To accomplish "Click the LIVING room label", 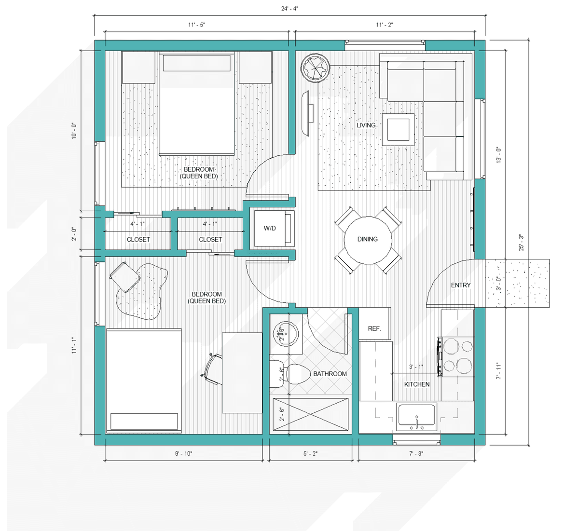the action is click(x=366, y=125).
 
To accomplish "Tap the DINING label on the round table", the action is click(x=368, y=239).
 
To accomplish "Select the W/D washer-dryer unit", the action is click(x=274, y=228).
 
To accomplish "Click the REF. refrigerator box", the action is click(x=374, y=324).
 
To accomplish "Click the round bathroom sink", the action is click(x=286, y=334).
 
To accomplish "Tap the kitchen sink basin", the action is click(x=416, y=415).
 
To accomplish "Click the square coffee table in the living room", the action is click(x=398, y=130).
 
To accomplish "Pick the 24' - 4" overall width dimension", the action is click(x=289, y=9).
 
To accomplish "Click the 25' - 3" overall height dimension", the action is click(x=521, y=243).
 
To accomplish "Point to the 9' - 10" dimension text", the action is click(x=183, y=454).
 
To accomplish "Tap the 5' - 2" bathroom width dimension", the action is click(x=310, y=454).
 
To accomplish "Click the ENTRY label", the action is click(x=461, y=285).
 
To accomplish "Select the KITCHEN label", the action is click(x=417, y=384).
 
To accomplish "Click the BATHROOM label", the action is click(x=330, y=374).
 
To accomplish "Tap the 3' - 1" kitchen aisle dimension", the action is click(x=416, y=367).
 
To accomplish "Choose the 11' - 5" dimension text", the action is click(x=196, y=25).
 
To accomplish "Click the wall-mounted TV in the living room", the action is click(x=306, y=113).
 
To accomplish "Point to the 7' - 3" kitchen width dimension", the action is click(x=416, y=454).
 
